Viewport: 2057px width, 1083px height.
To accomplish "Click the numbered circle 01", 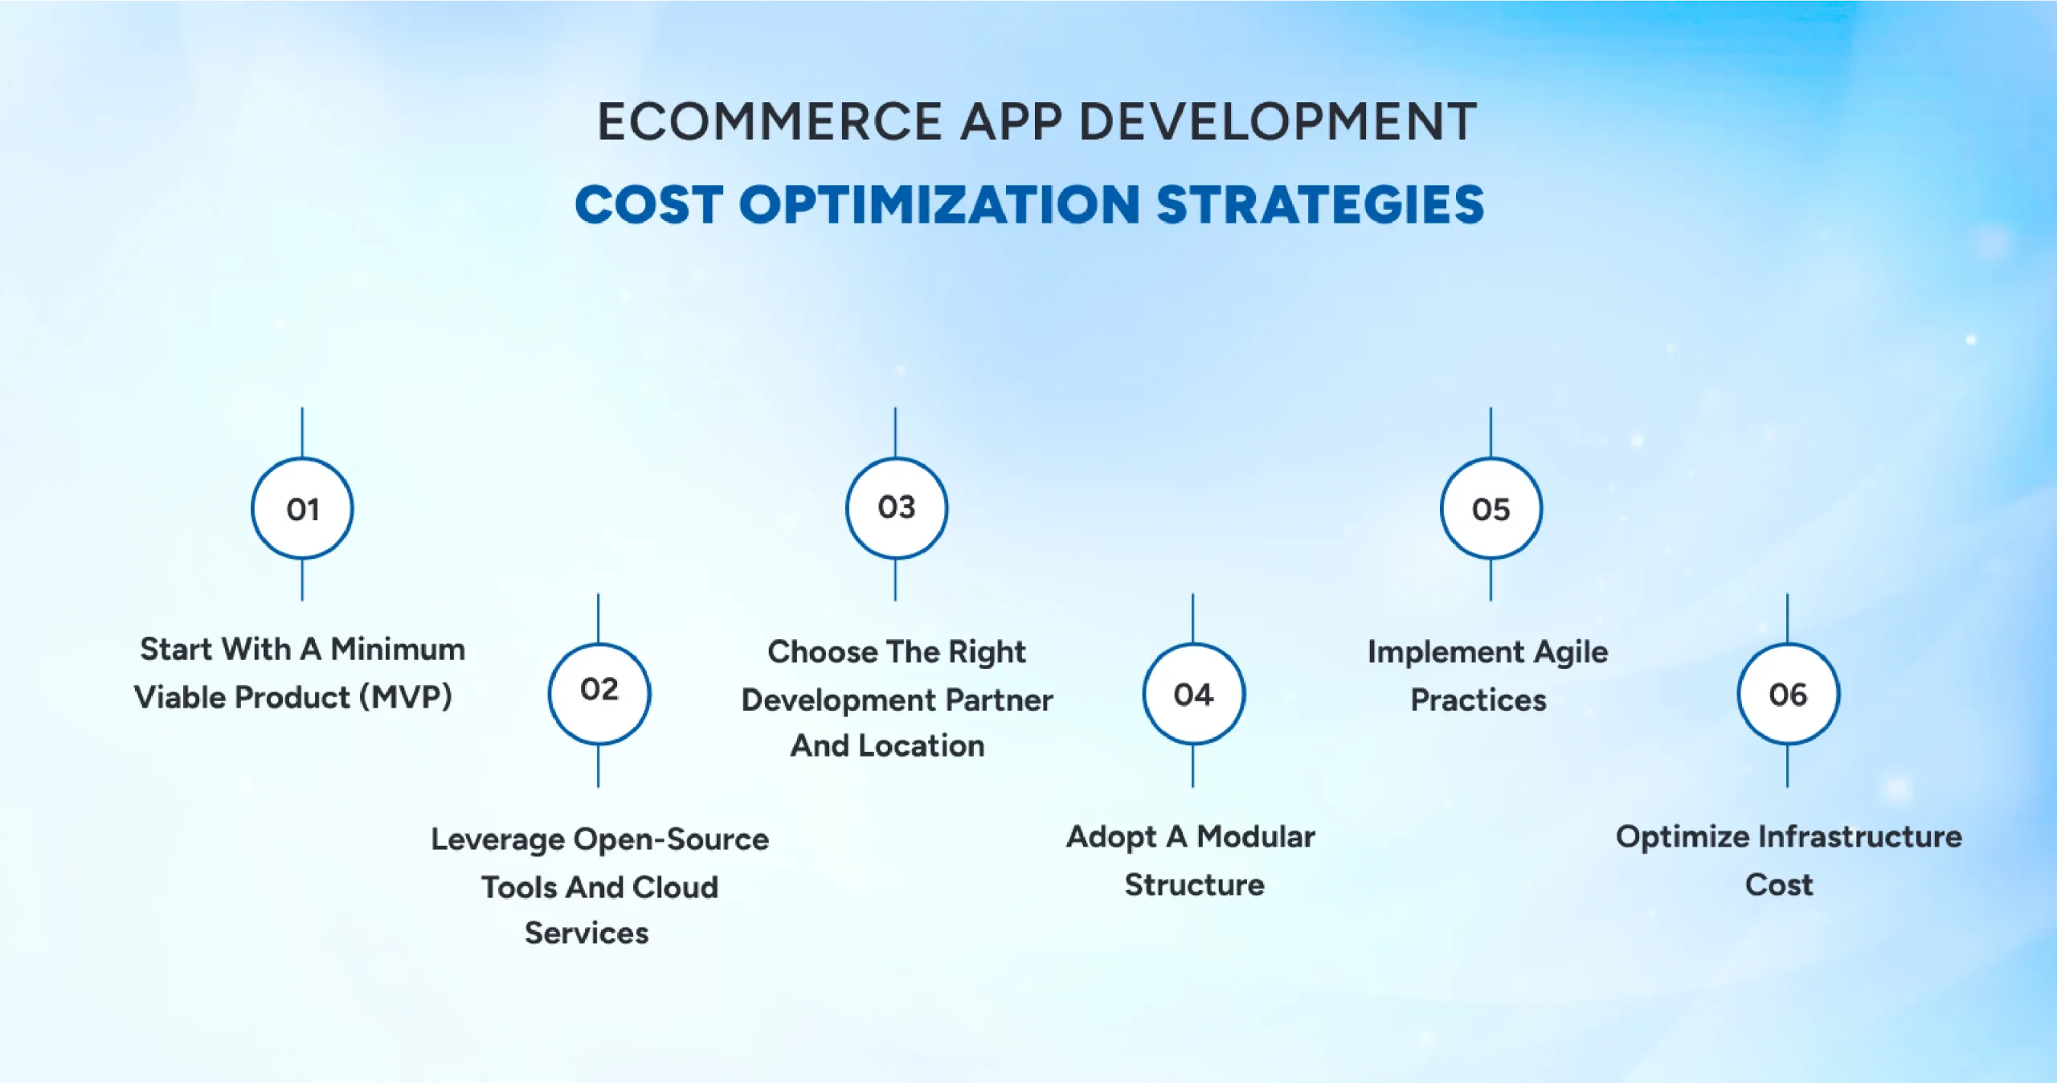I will click(302, 508).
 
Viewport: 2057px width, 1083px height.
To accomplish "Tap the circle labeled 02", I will click(599, 693).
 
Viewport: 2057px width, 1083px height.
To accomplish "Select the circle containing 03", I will click(897, 508).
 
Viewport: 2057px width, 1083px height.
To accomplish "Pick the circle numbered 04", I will click(1193, 694).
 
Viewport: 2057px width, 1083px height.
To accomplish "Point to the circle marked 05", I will click(1491, 508).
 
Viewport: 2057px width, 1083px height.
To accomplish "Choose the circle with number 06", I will click(1788, 694).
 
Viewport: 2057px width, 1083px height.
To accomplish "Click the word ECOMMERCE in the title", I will click(769, 122).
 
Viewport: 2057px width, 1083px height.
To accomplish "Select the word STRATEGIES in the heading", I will click(1319, 204).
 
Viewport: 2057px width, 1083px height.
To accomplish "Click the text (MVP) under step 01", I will click(406, 697).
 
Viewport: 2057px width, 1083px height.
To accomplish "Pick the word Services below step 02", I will click(587, 933).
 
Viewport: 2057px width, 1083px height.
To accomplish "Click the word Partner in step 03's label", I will click(999, 700).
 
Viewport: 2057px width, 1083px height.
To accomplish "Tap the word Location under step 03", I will click(921, 746).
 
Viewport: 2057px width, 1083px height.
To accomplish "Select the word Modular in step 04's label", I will click(1256, 837).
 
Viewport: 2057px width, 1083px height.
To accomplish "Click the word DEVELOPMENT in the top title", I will click(1277, 122).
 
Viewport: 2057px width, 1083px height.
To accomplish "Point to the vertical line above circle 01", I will click(302, 433).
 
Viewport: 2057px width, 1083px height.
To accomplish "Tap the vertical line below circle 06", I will click(1788, 765).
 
